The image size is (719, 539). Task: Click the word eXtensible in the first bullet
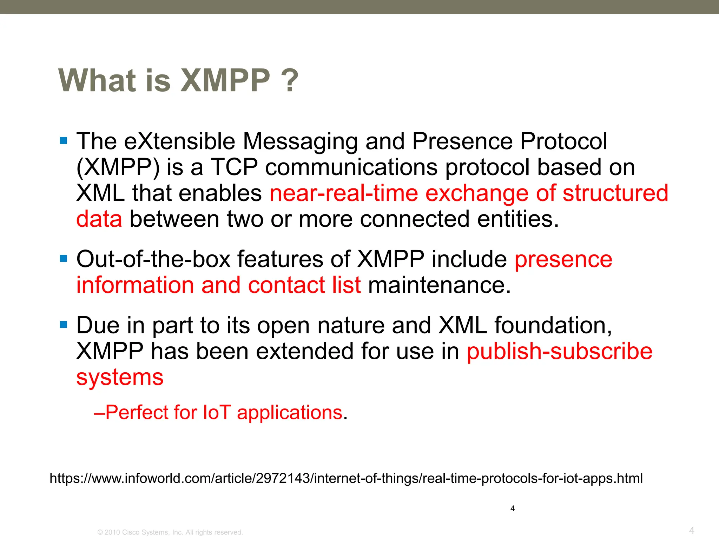coord(179,141)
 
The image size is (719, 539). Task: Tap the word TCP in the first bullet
coord(234,167)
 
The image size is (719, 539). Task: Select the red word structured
coord(615,193)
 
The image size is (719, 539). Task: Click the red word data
coord(99,219)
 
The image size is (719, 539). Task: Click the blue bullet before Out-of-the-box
coord(64,259)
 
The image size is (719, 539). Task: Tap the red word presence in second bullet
coord(563,260)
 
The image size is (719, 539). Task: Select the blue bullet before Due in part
coord(64,325)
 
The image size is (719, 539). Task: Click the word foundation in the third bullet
coord(553,325)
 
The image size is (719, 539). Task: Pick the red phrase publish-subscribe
coord(559,351)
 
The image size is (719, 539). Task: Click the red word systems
coord(120,378)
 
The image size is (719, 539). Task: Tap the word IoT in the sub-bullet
coord(217,412)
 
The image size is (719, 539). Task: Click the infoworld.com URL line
coord(346,478)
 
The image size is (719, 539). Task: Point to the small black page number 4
coord(512,508)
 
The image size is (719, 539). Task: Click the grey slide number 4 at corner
coord(691,530)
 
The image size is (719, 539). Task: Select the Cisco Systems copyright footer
coord(170,532)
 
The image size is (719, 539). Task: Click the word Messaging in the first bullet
coord(300,141)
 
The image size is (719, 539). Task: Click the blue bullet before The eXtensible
coord(64,141)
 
